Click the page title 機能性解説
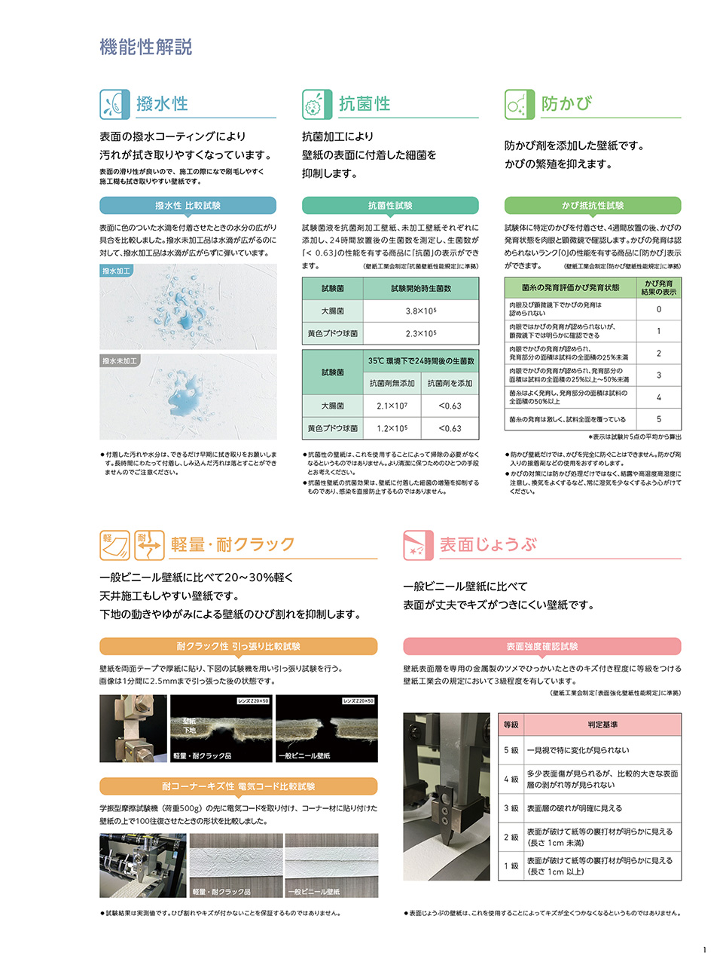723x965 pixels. [146, 47]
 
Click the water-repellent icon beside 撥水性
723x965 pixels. [114, 104]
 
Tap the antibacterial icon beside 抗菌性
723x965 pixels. [317, 104]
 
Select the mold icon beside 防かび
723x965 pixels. [520, 104]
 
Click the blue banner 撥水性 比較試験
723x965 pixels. [188, 206]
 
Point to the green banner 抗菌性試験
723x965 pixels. [390, 206]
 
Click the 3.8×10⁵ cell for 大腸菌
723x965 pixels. [421, 311]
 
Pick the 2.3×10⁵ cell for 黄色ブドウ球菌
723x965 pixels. [421, 333]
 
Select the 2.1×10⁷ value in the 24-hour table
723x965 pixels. [392, 406]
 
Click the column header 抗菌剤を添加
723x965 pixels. [450, 383]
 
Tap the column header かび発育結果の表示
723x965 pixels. [658, 287]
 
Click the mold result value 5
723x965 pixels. [658, 419]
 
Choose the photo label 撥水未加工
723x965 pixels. [120, 361]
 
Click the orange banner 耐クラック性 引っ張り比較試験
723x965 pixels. [238, 646]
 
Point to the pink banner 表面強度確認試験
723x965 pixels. [541, 646]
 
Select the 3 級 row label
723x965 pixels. [511, 808]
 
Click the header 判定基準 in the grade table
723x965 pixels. [602, 725]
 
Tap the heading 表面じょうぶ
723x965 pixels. [488, 544]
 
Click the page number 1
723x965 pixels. [704, 950]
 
